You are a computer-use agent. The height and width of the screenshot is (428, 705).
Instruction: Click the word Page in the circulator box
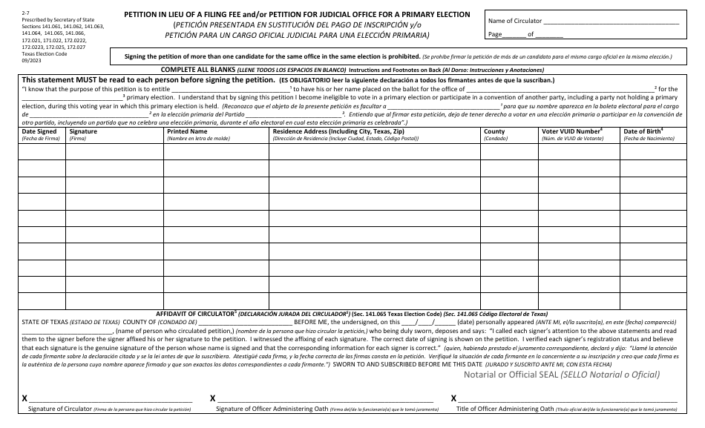tap(495, 35)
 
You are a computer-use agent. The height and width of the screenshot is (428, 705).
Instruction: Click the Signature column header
tap(83, 131)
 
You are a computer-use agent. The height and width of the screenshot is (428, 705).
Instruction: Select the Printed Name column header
tap(188, 131)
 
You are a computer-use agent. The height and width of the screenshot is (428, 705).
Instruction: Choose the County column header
tap(494, 131)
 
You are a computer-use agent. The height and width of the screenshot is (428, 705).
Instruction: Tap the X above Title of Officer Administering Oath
tap(454, 398)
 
